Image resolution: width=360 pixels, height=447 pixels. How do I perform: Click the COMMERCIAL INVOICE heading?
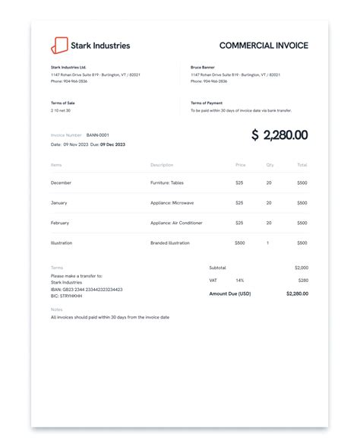pyautogui.click(x=264, y=46)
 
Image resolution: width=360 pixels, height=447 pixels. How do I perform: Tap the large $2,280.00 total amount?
pyautogui.click(x=279, y=135)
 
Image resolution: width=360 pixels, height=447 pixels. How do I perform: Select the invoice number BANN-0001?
pyautogui.click(x=98, y=135)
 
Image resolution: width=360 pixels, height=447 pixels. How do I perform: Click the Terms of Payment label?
pyautogui.click(x=206, y=103)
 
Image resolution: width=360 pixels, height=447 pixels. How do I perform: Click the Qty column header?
pyautogui.click(x=270, y=165)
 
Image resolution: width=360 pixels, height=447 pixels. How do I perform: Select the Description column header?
pyautogui.click(x=162, y=165)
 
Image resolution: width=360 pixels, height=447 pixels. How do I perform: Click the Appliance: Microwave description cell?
pyautogui.click(x=174, y=203)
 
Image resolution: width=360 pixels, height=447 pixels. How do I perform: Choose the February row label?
pyautogui.click(x=60, y=223)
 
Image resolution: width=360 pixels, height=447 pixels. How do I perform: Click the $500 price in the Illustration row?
pyautogui.click(x=240, y=243)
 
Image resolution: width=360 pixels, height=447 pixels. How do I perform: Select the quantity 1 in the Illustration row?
pyautogui.click(x=268, y=243)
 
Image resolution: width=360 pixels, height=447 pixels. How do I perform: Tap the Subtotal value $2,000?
pyautogui.click(x=302, y=268)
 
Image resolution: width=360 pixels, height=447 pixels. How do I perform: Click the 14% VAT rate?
pyautogui.click(x=240, y=281)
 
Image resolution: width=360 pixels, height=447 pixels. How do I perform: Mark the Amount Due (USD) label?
pyautogui.click(x=230, y=293)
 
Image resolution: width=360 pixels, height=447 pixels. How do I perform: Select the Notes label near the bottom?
pyautogui.click(x=56, y=309)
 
